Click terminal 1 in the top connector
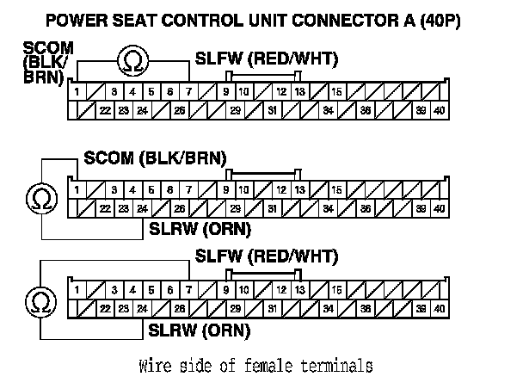coord(77,91)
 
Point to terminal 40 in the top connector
coord(439,110)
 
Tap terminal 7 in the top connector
coord(188,91)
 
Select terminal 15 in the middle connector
coord(336,189)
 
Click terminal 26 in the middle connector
coord(180,208)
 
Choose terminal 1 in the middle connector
coord(77,189)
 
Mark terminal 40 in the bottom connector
coord(439,308)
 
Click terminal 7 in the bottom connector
coord(188,289)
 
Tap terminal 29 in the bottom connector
coord(235,308)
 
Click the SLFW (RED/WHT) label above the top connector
coord(267,59)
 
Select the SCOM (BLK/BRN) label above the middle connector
coord(155,157)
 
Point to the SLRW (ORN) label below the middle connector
coord(199,229)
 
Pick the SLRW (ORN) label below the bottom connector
coord(199,329)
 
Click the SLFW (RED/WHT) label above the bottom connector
coord(267,256)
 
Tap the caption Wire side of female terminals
coord(255,365)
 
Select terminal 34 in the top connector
coord(328,110)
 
